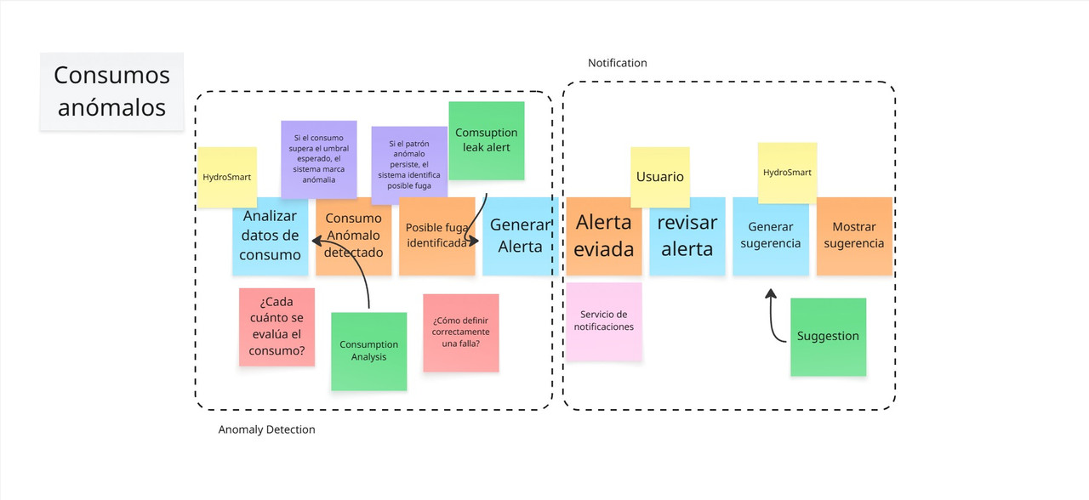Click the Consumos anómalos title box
pyautogui.click(x=111, y=92)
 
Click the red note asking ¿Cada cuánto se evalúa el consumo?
pyautogui.click(x=277, y=327)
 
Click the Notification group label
pyautogui.click(x=618, y=64)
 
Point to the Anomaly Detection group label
pyautogui.click(x=266, y=430)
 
